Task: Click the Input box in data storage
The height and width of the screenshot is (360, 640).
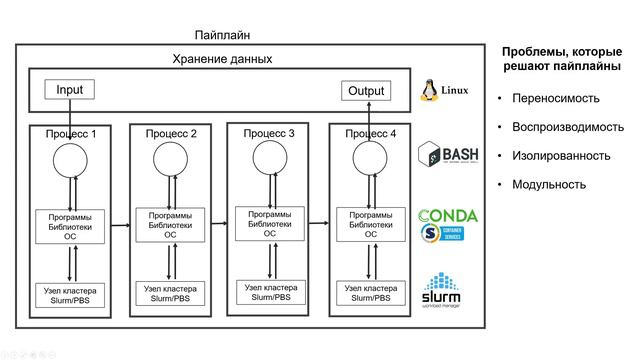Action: click(x=70, y=90)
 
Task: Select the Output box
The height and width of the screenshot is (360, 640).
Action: click(x=365, y=91)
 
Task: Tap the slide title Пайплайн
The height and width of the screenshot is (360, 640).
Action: click(x=223, y=35)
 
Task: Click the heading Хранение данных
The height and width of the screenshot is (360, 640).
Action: click(x=222, y=59)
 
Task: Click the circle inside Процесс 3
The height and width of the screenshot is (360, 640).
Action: click(x=270, y=156)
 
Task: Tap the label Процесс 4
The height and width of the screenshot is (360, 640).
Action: click(x=370, y=133)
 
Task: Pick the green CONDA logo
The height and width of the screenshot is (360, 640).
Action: click(x=447, y=216)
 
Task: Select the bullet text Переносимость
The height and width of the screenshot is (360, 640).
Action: click(x=555, y=99)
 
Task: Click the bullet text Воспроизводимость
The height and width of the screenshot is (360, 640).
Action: click(x=567, y=128)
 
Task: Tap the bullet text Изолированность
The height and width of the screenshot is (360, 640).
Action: click(x=560, y=156)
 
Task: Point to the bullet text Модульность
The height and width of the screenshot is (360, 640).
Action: click(x=548, y=185)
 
